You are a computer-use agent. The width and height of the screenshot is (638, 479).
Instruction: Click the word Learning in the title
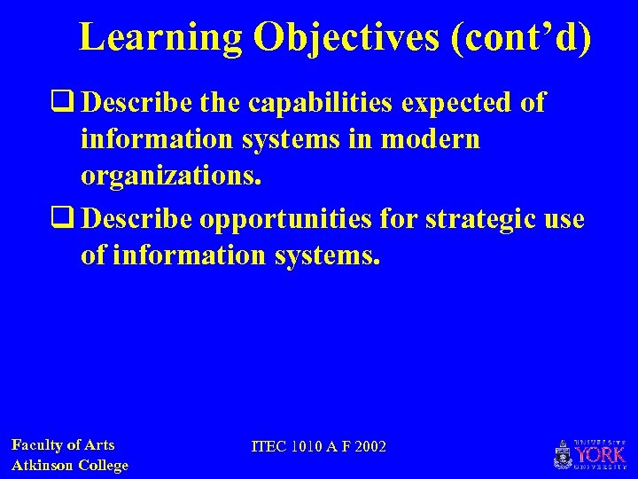[160, 37]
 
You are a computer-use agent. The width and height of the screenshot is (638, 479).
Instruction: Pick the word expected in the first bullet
[458, 104]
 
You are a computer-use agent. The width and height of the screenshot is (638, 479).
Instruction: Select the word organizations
[171, 177]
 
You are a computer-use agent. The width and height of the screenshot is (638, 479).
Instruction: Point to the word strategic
[481, 219]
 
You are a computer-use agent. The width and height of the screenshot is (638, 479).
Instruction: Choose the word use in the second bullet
[564, 219]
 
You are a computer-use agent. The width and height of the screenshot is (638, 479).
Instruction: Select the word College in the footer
[105, 465]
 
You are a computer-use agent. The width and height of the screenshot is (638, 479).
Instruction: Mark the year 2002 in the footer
[370, 446]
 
